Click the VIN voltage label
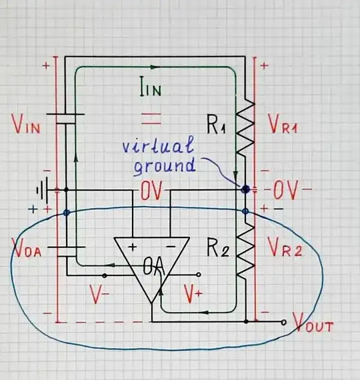(x=27, y=125)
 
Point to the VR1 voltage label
(x=284, y=125)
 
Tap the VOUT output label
(x=311, y=327)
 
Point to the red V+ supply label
(x=194, y=293)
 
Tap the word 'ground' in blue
(x=165, y=165)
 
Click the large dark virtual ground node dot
(x=246, y=189)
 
